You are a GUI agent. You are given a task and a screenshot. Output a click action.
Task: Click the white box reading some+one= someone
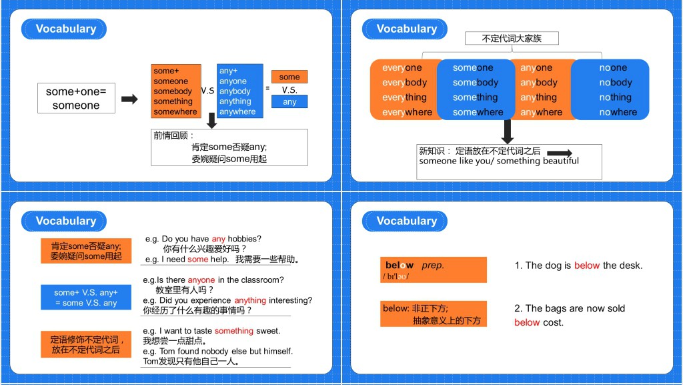tap(75, 98)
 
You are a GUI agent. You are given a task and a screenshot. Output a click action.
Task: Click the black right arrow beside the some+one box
tap(129, 99)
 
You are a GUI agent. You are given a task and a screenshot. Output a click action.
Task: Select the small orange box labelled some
tap(289, 77)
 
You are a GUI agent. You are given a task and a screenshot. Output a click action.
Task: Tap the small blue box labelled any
tap(289, 101)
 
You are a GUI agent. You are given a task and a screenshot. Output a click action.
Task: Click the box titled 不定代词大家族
tap(512, 39)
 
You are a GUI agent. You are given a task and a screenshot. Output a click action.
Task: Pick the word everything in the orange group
tap(404, 97)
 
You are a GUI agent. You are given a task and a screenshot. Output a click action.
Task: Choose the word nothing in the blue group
tap(615, 97)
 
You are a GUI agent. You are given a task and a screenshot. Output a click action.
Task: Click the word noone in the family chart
tap(613, 68)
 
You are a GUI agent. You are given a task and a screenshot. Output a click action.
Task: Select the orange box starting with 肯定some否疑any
tap(86, 251)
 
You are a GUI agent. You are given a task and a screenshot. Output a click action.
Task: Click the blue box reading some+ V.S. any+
tap(86, 298)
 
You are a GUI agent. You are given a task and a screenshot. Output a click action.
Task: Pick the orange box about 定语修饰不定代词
tap(86, 344)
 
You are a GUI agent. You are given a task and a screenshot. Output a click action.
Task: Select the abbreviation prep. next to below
tap(432, 266)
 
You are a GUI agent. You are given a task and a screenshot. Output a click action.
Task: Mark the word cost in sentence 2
tap(553, 323)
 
